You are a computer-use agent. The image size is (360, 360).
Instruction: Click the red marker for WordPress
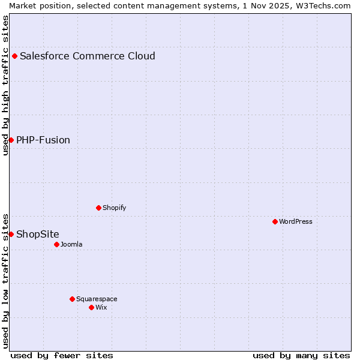[x=275, y=221]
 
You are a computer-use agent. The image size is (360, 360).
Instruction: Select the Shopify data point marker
[x=99, y=208]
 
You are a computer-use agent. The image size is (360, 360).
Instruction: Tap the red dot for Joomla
[x=57, y=244]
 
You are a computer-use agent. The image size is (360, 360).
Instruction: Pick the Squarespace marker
[x=73, y=299]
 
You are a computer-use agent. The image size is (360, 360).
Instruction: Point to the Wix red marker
[x=92, y=307]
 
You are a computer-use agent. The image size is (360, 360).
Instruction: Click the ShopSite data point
[x=11, y=234]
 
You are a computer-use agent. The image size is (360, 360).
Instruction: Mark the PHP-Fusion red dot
[x=11, y=140]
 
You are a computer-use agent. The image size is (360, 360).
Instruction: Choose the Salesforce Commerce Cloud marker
[x=15, y=56]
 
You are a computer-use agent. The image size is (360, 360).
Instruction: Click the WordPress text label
[x=296, y=221]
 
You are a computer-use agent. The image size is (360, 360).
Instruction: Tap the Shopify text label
[x=114, y=208]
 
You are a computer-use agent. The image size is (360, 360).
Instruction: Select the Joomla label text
[x=71, y=244]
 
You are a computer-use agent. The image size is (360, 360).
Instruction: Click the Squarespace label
[x=97, y=299]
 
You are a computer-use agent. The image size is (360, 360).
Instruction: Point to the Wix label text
[x=101, y=307]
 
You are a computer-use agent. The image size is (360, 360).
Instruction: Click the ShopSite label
[x=38, y=234]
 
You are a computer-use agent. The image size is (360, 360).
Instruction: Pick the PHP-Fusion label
[x=43, y=140]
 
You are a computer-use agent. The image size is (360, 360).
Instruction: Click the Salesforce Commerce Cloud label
[x=88, y=56]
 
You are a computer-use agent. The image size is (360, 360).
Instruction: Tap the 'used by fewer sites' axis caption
[x=62, y=355]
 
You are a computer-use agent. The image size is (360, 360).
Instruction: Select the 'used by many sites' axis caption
[x=301, y=355]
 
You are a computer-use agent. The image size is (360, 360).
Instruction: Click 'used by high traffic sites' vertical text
[x=5, y=85]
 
